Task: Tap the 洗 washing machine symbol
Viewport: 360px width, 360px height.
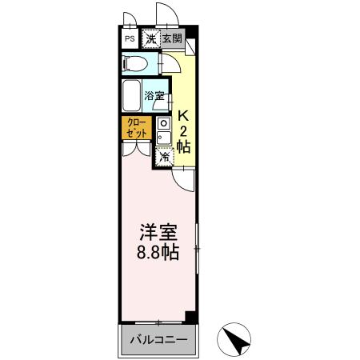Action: click(x=150, y=38)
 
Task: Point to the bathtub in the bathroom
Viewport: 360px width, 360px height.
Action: click(x=134, y=97)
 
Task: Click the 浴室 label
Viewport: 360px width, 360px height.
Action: click(x=155, y=96)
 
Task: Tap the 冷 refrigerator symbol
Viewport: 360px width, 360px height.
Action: click(x=164, y=157)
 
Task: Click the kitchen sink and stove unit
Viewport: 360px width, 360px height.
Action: click(x=163, y=131)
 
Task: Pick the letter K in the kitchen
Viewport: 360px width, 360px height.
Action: click(x=183, y=114)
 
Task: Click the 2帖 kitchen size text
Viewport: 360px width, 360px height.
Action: click(x=183, y=138)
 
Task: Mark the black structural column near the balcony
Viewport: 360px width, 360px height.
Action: click(x=190, y=317)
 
